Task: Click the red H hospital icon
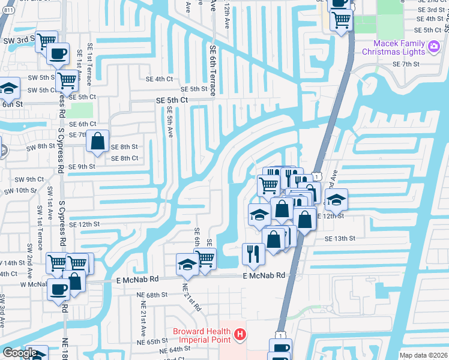pyautogui.click(x=240, y=334)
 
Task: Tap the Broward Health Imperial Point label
pyautogui.click(x=202, y=335)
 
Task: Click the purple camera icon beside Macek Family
pyautogui.click(x=434, y=46)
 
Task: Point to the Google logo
pyautogui.click(x=19, y=353)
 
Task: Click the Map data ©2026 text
pyautogui.click(x=423, y=355)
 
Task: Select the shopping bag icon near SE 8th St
pyautogui.click(x=97, y=142)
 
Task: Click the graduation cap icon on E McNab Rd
pyautogui.click(x=187, y=265)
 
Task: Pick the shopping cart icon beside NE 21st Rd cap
pyautogui.click(x=205, y=259)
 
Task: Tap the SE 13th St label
pyautogui.click(x=340, y=238)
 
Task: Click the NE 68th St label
pyautogui.click(x=147, y=295)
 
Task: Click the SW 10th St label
pyautogui.click(x=20, y=190)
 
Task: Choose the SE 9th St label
pyautogui.click(x=82, y=167)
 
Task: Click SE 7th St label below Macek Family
pyautogui.click(x=405, y=64)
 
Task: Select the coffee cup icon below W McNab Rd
pyautogui.click(x=58, y=290)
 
